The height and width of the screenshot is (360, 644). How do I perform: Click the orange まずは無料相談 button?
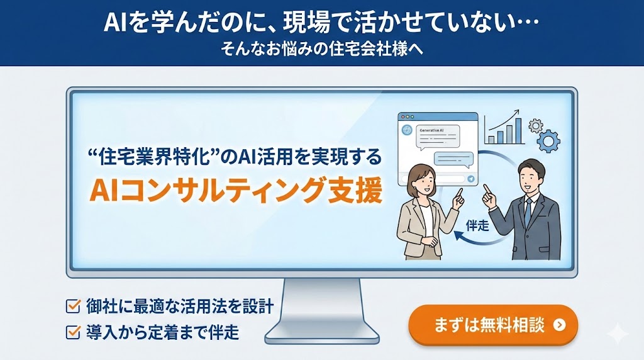[x=493, y=325]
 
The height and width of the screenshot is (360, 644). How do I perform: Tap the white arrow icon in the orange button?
[x=559, y=325]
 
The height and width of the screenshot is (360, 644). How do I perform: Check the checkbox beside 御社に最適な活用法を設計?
[x=73, y=306]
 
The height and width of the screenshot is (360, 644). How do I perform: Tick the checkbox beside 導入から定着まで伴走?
[x=73, y=331]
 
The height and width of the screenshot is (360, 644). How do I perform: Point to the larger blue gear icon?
[x=548, y=141]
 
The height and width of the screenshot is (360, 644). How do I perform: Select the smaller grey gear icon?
[x=536, y=126]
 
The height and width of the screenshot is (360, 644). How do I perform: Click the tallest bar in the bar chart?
[x=518, y=131]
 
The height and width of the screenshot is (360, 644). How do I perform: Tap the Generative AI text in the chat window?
[x=431, y=130]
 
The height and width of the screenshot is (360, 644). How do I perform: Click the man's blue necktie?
[x=528, y=211]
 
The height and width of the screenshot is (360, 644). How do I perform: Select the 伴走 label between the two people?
[x=477, y=225]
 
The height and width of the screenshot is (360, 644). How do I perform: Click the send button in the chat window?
[x=470, y=179]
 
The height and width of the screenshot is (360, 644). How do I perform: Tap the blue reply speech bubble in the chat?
[x=453, y=159]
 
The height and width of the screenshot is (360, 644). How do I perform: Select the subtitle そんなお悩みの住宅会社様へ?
[x=321, y=49]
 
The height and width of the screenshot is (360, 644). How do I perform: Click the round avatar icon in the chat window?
[x=407, y=130]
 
